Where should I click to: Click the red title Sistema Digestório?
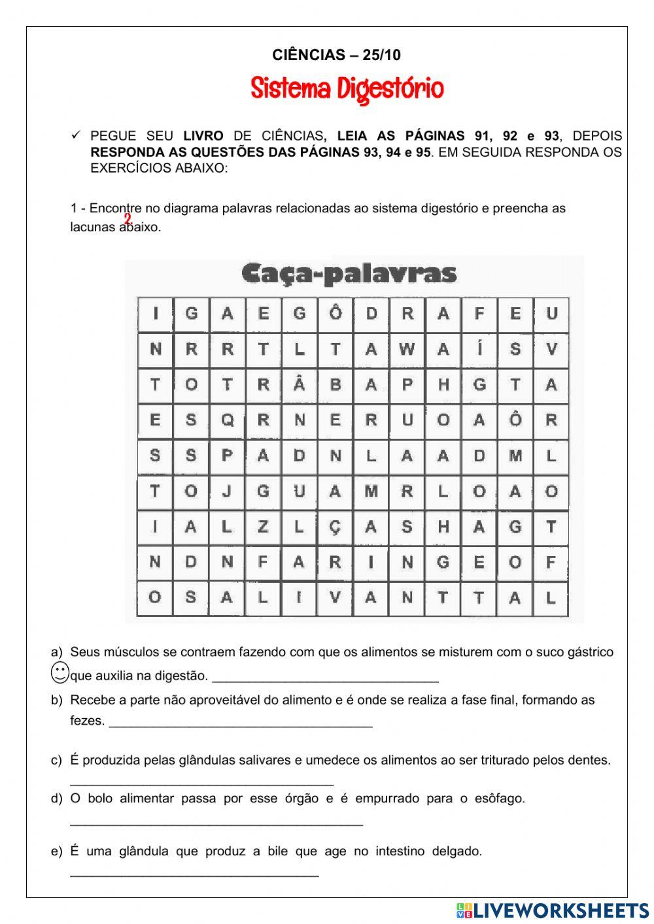click(x=347, y=89)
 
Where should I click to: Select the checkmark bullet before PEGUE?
click(x=76, y=135)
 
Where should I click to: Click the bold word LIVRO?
click(x=203, y=136)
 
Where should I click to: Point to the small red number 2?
click(x=128, y=219)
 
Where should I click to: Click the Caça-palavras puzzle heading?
click(x=349, y=273)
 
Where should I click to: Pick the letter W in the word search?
click(x=407, y=350)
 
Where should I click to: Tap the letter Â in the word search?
click(x=299, y=385)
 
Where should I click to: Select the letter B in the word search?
click(x=335, y=385)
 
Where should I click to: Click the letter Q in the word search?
click(x=227, y=421)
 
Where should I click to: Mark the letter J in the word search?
click(x=227, y=491)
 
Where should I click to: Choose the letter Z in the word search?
click(x=263, y=527)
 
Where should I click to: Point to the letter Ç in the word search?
click(x=335, y=527)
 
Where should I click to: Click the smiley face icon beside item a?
click(x=60, y=672)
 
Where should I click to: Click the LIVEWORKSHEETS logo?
click(x=553, y=910)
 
